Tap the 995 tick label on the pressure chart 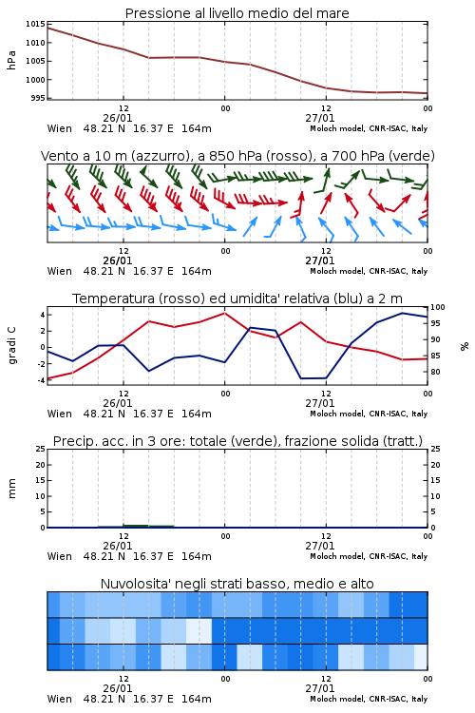pyautogui.click(x=39, y=98)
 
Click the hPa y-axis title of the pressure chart pyautogui.click(x=11, y=61)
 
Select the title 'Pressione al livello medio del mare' pyautogui.click(x=237, y=13)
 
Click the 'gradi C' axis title pyautogui.click(x=12, y=346)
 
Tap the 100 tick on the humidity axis pyautogui.click(x=437, y=307)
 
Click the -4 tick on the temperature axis pyautogui.click(x=42, y=380)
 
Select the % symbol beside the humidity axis pyautogui.click(x=465, y=346)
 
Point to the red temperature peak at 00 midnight pyautogui.click(x=224, y=313)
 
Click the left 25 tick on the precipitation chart pyautogui.click(x=41, y=449)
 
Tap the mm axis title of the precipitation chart pyautogui.click(x=11, y=489)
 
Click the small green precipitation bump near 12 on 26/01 pyautogui.click(x=137, y=526)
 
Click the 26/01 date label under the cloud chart pyautogui.click(x=118, y=688)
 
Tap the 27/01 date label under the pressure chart pyautogui.click(x=320, y=118)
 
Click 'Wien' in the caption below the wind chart pyautogui.click(x=60, y=271)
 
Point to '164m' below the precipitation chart pyautogui.click(x=197, y=556)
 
